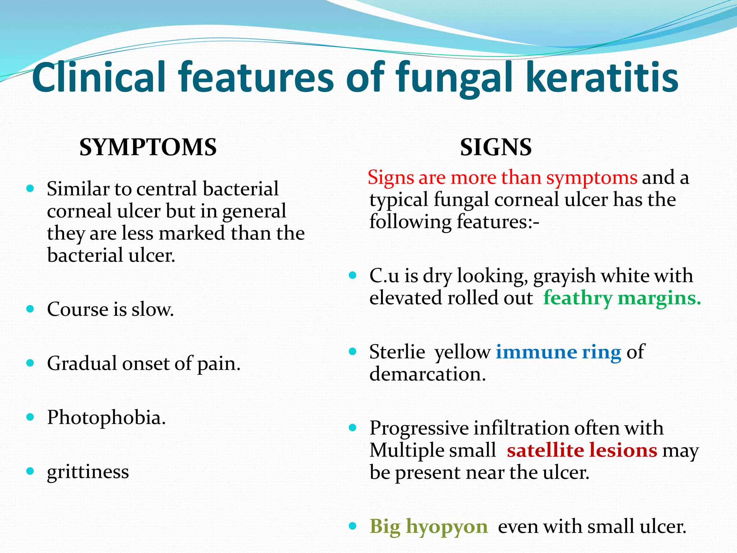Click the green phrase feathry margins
[x=622, y=298]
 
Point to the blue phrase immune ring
[x=558, y=352]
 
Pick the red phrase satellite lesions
[x=582, y=450]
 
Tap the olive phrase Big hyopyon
[x=428, y=526]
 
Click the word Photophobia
[x=106, y=418]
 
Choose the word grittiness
[x=88, y=472]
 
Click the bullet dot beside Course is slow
[x=30, y=309]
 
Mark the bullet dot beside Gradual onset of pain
[x=30, y=363]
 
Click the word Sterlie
[x=397, y=352]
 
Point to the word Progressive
[x=419, y=428]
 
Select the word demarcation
[x=428, y=374]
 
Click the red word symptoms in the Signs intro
[x=592, y=178]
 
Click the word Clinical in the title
[x=99, y=77]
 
